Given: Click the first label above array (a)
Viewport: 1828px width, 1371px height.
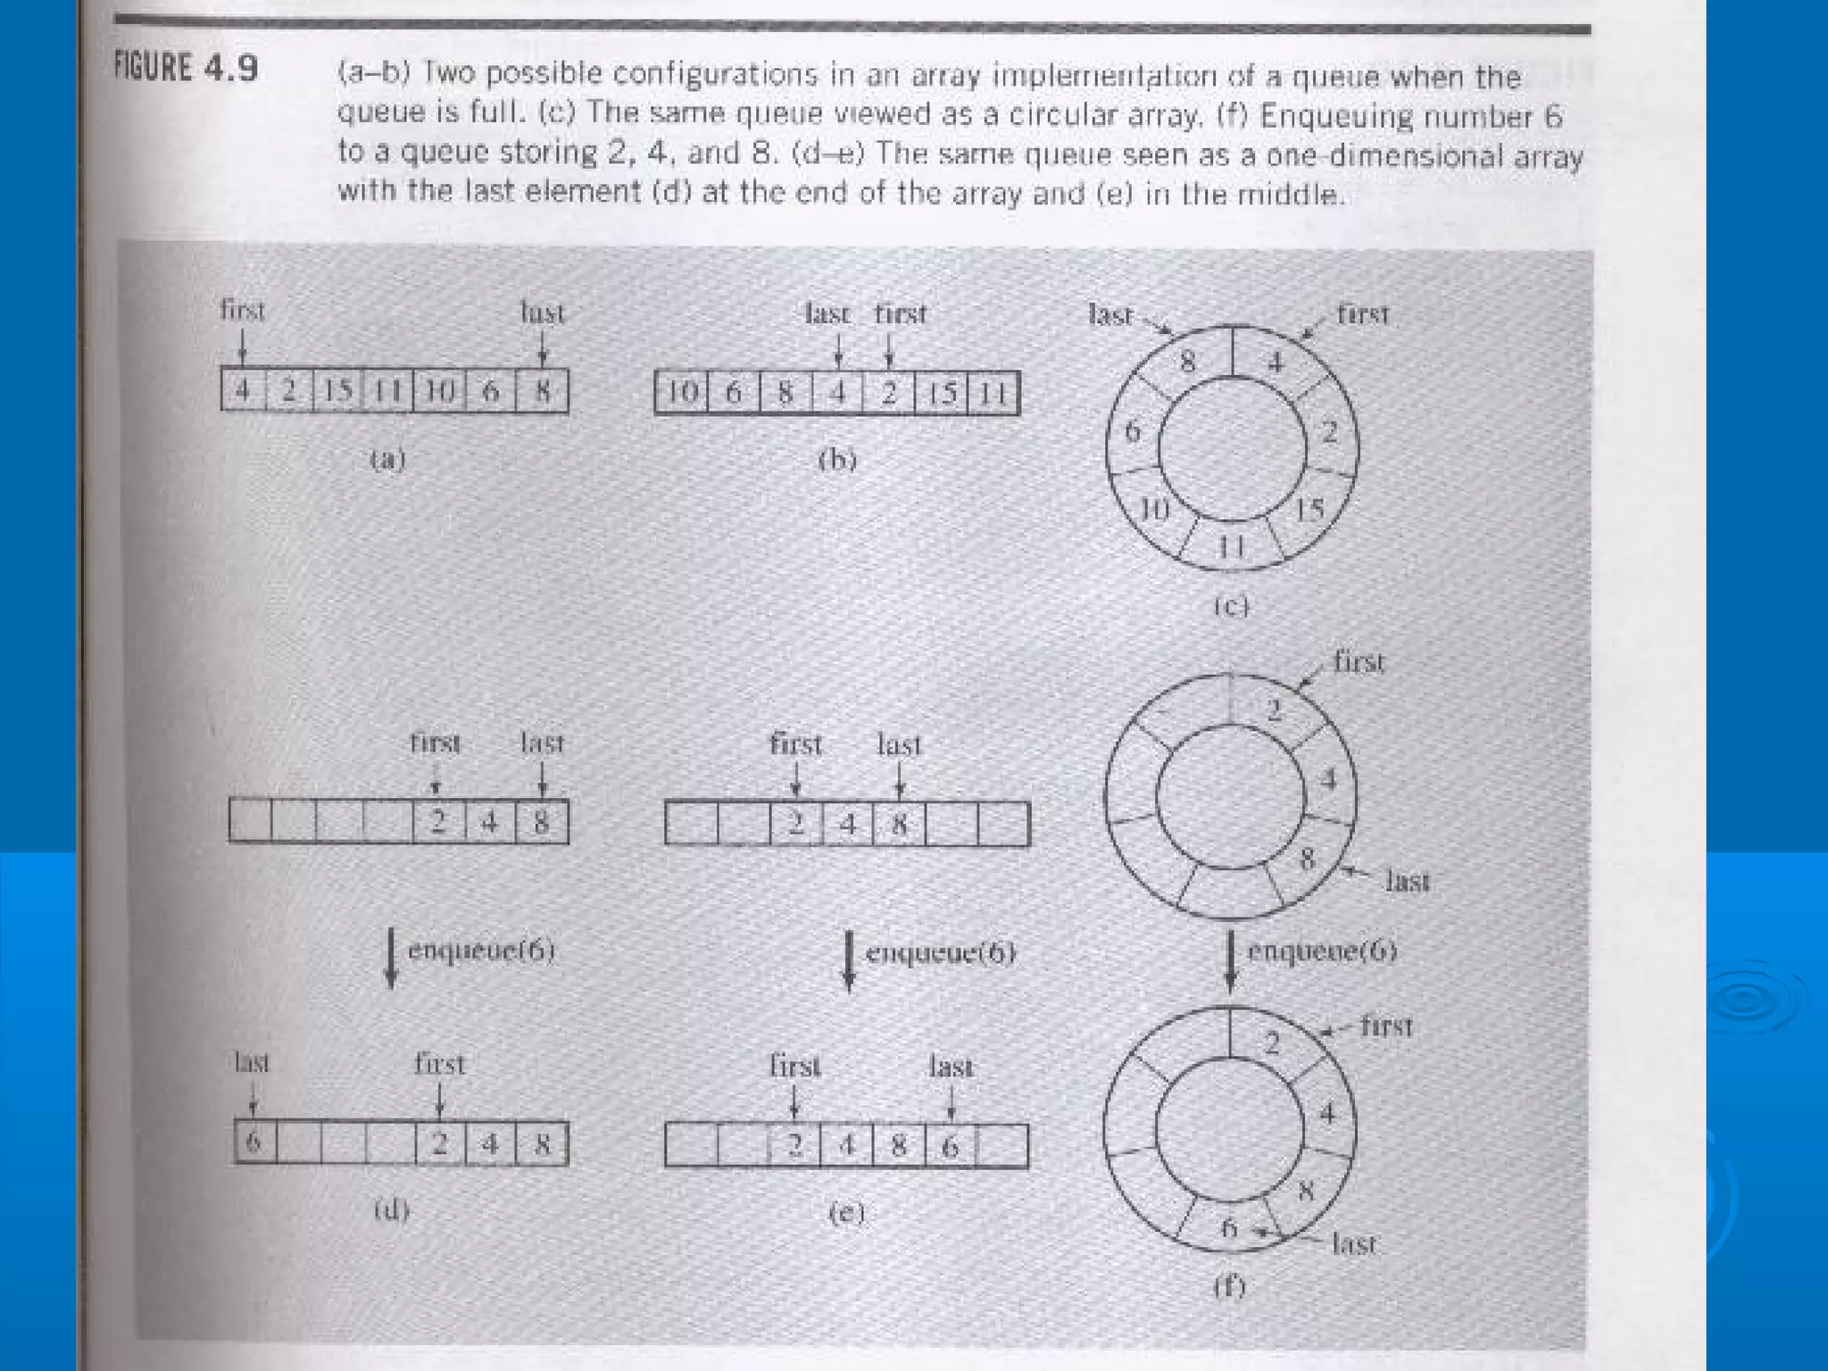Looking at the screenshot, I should [x=242, y=311].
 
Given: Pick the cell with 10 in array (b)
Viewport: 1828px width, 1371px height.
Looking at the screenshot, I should [x=682, y=393].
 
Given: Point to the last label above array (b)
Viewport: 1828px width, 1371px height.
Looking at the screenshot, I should [x=827, y=314].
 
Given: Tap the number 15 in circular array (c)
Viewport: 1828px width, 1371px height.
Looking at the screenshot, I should [x=1309, y=510].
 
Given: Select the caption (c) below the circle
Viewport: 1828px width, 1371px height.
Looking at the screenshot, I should [x=1231, y=607].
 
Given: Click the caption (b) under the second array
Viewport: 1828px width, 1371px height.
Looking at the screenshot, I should [x=837, y=460].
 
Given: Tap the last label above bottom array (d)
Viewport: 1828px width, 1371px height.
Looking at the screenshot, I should [x=251, y=1063].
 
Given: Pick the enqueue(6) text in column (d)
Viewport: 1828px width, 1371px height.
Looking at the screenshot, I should [x=481, y=951].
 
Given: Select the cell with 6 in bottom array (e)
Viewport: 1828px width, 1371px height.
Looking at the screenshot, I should [x=951, y=1146].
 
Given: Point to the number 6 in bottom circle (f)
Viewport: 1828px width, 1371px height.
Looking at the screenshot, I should [x=1229, y=1228].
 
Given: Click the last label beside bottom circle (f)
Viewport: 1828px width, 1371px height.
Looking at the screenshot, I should [x=1353, y=1243].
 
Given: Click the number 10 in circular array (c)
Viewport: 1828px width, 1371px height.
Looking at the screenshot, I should [x=1154, y=510].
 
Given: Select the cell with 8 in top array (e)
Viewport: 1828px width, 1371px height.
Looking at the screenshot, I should [x=900, y=823].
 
